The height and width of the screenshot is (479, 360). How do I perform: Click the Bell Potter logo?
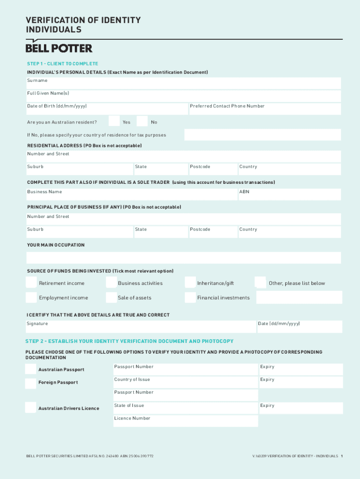(58, 48)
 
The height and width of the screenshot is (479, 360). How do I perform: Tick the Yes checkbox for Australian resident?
(114, 121)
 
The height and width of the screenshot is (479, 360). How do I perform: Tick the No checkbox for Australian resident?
(142, 121)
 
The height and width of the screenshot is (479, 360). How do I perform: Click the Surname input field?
(184, 83)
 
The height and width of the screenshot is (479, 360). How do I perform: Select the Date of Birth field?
(107, 109)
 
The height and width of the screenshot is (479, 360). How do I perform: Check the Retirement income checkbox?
(31, 283)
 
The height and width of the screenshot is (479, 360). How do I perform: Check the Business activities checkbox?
(111, 283)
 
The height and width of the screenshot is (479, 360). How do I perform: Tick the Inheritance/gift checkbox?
(190, 283)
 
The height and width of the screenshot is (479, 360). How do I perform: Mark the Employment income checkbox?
(31, 298)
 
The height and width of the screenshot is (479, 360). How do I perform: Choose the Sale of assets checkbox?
(111, 298)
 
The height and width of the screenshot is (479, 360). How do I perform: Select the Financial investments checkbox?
(190, 298)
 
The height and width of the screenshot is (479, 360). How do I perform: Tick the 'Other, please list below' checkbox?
(260, 283)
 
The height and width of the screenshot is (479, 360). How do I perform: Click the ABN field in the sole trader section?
(290, 195)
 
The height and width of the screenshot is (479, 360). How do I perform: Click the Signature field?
(140, 327)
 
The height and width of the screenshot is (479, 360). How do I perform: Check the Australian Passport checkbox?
(30, 370)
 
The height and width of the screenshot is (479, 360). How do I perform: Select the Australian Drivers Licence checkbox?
(30, 407)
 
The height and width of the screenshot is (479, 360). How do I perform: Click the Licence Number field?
(186, 421)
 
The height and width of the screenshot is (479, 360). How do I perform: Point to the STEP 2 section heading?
(130, 341)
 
